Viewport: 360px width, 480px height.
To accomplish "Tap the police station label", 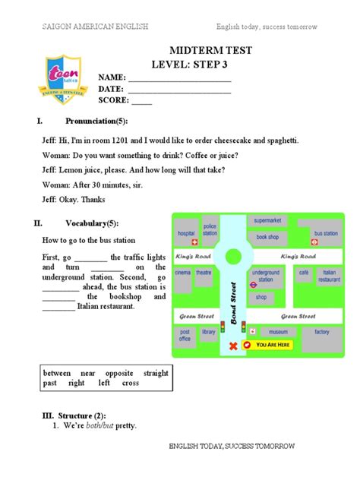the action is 210,229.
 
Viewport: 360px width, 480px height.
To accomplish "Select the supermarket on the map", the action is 267,220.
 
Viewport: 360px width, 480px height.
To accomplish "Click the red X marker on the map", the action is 233,346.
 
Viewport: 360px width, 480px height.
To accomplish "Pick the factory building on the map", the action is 322,332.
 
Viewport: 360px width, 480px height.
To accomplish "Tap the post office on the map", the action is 185,335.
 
